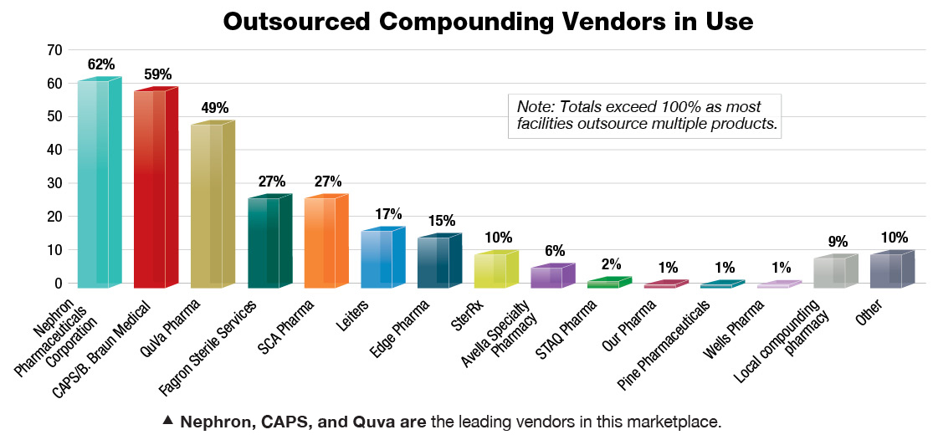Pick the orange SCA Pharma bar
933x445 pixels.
click(320, 243)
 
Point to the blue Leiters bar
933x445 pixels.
click(377, 258)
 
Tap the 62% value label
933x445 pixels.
click(100, 64)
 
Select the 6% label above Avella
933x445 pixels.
click(554, 250)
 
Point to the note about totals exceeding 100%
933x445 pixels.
click(643, 116)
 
